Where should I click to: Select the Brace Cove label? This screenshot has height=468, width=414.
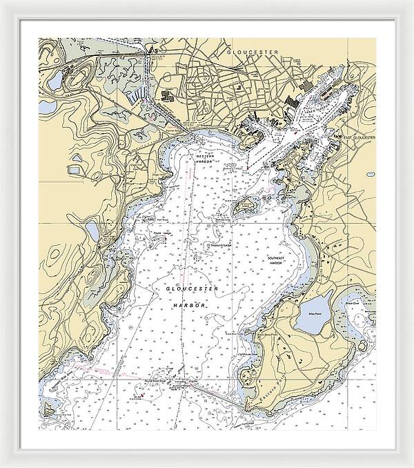coord(353,304)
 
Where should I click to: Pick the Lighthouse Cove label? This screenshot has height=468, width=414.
coord(250,352)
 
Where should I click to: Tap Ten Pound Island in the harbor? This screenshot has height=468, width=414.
coord(243,206)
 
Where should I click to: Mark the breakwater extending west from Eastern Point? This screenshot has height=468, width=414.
coord(214,391)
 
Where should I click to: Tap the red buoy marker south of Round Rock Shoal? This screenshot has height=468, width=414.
coord(141,396)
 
